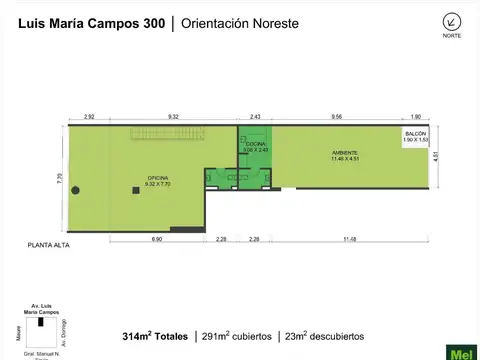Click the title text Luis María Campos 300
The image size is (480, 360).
pos(87,22)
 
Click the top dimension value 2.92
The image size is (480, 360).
pos(89,116)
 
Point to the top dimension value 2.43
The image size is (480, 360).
pos(255,116)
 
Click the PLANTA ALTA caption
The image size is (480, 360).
pos(48,245)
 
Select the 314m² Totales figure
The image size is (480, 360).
pos(155,336)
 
